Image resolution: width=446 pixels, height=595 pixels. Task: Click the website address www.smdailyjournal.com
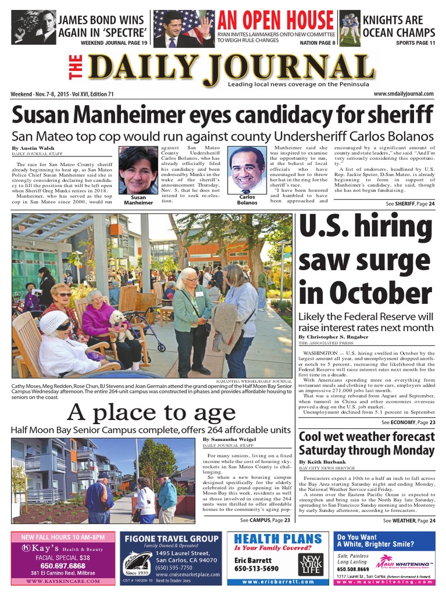tap(404, 94)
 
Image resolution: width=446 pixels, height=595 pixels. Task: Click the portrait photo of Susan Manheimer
tap(138, 170)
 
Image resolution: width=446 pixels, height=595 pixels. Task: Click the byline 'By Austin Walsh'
tap(31, 148)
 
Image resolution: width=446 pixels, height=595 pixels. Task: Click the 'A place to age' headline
tap(152, 413)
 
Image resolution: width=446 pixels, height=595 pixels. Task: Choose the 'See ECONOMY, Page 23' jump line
tap(409, 422)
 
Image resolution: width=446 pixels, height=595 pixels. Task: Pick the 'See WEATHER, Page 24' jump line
tap(409, 521)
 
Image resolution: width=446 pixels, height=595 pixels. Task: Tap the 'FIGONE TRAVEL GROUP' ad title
tap(171, 539)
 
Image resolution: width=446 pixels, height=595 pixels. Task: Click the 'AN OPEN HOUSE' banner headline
tap(276, 21)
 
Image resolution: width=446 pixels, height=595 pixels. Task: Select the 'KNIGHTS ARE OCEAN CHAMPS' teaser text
tap(398, 26)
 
